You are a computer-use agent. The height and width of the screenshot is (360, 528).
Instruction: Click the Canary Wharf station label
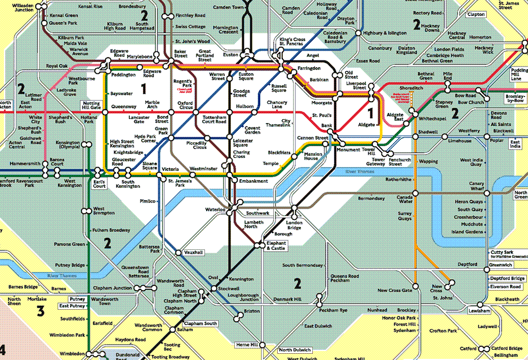(x=476, y=186)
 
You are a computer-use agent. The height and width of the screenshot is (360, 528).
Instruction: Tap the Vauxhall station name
(x=193, y=252)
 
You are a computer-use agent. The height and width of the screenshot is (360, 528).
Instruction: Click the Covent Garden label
(x=252, y=131)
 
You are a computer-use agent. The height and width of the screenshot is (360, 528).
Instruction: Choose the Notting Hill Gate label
(x=91, y=106)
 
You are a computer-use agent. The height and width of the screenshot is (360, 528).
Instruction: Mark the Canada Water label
(x=405, y=199)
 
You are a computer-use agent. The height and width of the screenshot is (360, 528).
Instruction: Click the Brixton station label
(x=251, y=311)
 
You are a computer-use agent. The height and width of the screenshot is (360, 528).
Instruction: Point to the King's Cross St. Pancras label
(x=292, y=41)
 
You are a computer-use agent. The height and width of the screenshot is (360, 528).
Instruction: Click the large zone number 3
(x=40, y=310)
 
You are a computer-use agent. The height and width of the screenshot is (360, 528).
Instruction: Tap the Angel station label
(x=312, y=56)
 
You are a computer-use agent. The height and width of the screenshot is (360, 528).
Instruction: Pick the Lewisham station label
(x=479, y=311)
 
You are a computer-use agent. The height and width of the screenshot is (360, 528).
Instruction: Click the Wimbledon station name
(x=72, y=354)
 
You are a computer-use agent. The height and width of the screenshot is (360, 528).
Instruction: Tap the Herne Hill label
(x=246, y=344)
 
